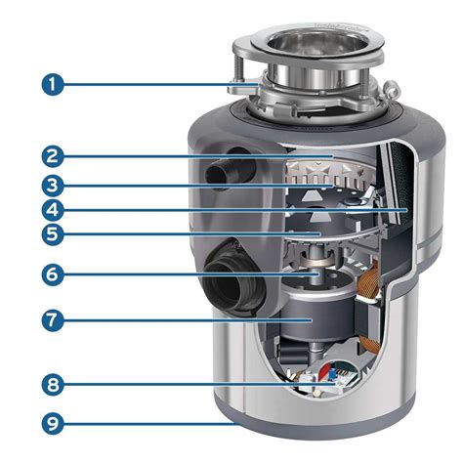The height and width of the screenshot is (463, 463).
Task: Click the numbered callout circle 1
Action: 53,84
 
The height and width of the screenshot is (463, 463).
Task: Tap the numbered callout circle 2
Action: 53,156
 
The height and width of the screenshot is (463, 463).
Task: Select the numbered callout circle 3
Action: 53,186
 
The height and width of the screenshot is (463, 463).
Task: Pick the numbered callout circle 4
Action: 53,210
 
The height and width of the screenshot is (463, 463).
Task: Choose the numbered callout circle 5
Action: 53,233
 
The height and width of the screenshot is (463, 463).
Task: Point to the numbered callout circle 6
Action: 53,274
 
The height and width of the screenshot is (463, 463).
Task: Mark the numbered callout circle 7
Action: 53,320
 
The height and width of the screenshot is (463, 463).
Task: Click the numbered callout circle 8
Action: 53,385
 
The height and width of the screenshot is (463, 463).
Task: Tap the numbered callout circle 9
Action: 53,423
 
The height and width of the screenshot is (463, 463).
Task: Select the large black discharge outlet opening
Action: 231,285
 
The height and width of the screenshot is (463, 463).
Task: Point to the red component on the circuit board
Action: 325,372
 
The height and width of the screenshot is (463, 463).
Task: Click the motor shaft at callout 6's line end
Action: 316,276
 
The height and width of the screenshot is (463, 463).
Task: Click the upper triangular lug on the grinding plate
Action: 310,195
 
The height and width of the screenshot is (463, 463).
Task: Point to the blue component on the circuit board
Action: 332,375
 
